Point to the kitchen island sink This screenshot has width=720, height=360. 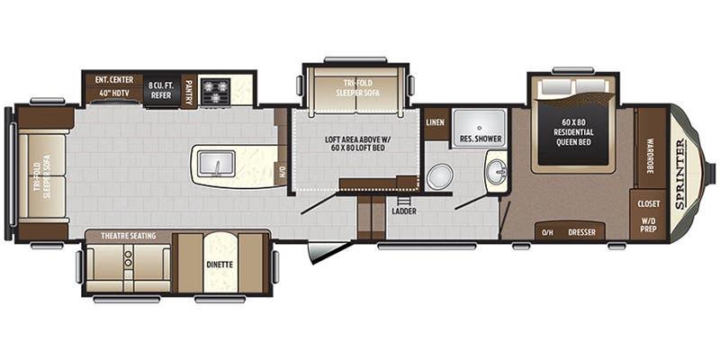[x=216, y=163]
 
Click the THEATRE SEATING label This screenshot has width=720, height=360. [x=128, y=236]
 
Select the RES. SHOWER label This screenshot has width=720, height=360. [x=478, y=139]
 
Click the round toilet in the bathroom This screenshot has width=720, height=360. [x=439, y=176]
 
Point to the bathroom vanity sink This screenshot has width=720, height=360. [x=496, y=169]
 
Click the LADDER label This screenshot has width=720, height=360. [x=403, y=212]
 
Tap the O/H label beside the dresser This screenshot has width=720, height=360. [x=546, y=233]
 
